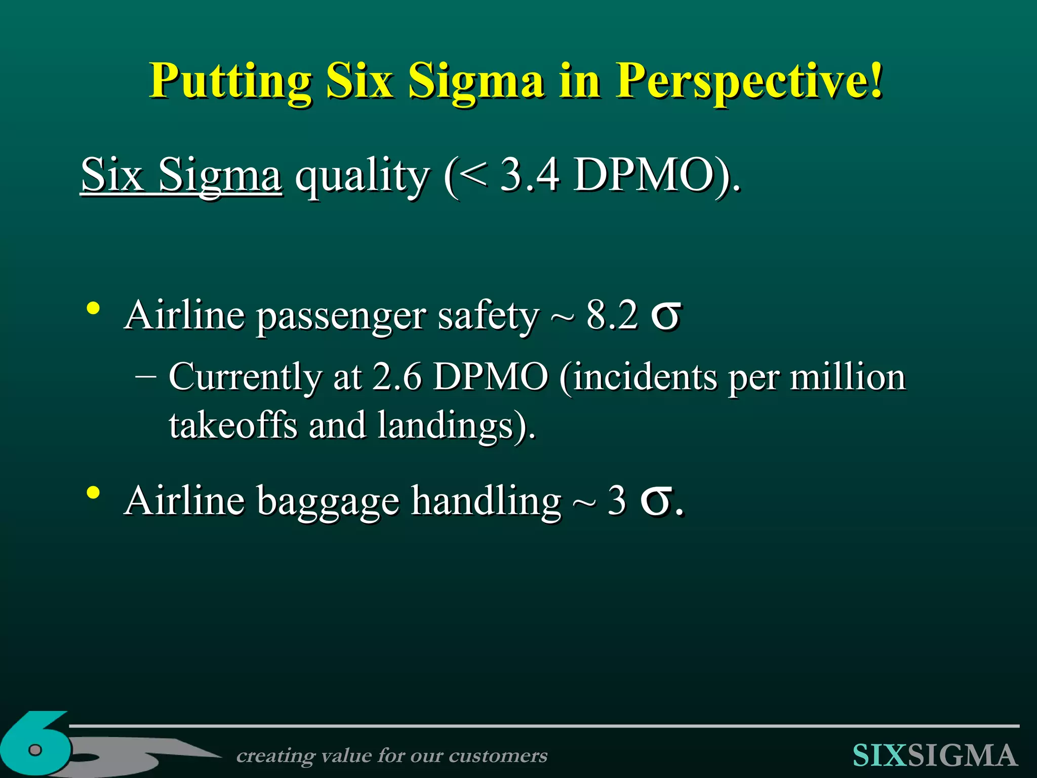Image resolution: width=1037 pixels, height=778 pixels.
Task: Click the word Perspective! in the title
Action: click(749, 81)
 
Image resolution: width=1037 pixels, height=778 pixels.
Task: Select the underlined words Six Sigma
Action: click(181, 175)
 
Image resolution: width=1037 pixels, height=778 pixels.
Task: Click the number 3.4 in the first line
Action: click(530, 175)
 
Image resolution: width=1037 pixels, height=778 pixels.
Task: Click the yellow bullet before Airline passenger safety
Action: click(93, 308)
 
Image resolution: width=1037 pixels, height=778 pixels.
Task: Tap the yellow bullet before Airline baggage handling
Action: click(93, 493)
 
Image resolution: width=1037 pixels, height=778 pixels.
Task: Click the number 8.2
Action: click(612, 315)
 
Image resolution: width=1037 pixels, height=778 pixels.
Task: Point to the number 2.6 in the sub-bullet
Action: click(396, 377)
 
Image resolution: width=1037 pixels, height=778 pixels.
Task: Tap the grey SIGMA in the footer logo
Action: click(962, 756)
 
